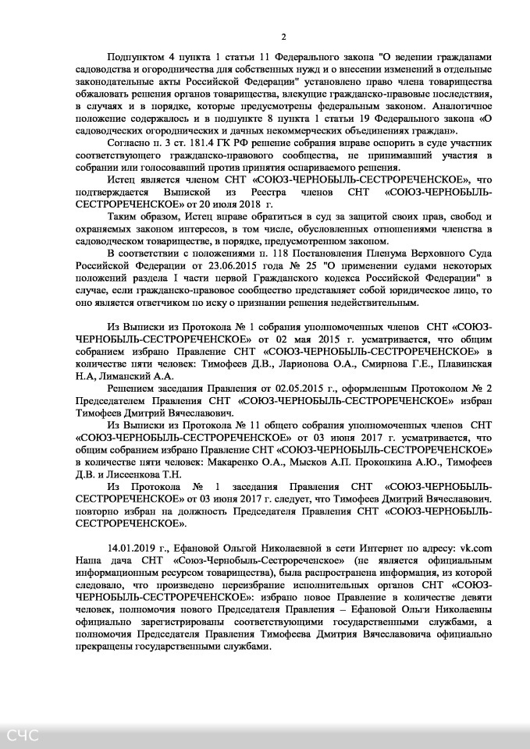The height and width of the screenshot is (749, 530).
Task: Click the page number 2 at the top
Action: (284, 37)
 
